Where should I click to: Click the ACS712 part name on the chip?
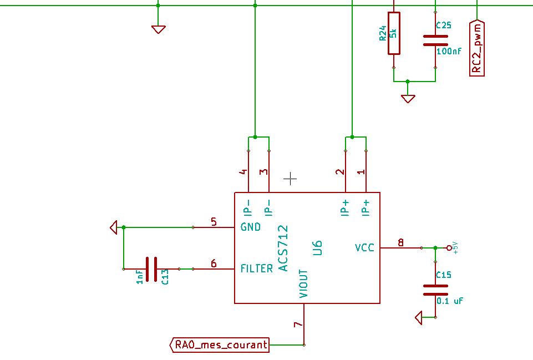[x=283, y=248]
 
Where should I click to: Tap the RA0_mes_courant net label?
[x=221, y=345]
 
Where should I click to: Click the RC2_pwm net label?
[x=477, y=48]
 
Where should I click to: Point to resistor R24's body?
[x=394, y=33]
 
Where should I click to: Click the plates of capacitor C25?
[x=435, y=40]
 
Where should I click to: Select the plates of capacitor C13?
[x=151, y=269]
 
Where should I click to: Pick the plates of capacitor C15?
[x=435, y=290]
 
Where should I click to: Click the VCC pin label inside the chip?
[x=364, y=248]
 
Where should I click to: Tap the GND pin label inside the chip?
[x=251, y=227]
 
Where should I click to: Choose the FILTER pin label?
[x=256, y=269]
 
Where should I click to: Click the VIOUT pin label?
[x=303, y=284]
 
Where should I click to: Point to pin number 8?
[x=400, y=242]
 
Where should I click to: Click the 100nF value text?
[x=449, y=52]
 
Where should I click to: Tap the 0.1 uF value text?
[x=450, y=301]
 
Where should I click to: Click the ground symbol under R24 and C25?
[x=408, y=99]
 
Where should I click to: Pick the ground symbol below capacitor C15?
[x=419, y=317]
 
